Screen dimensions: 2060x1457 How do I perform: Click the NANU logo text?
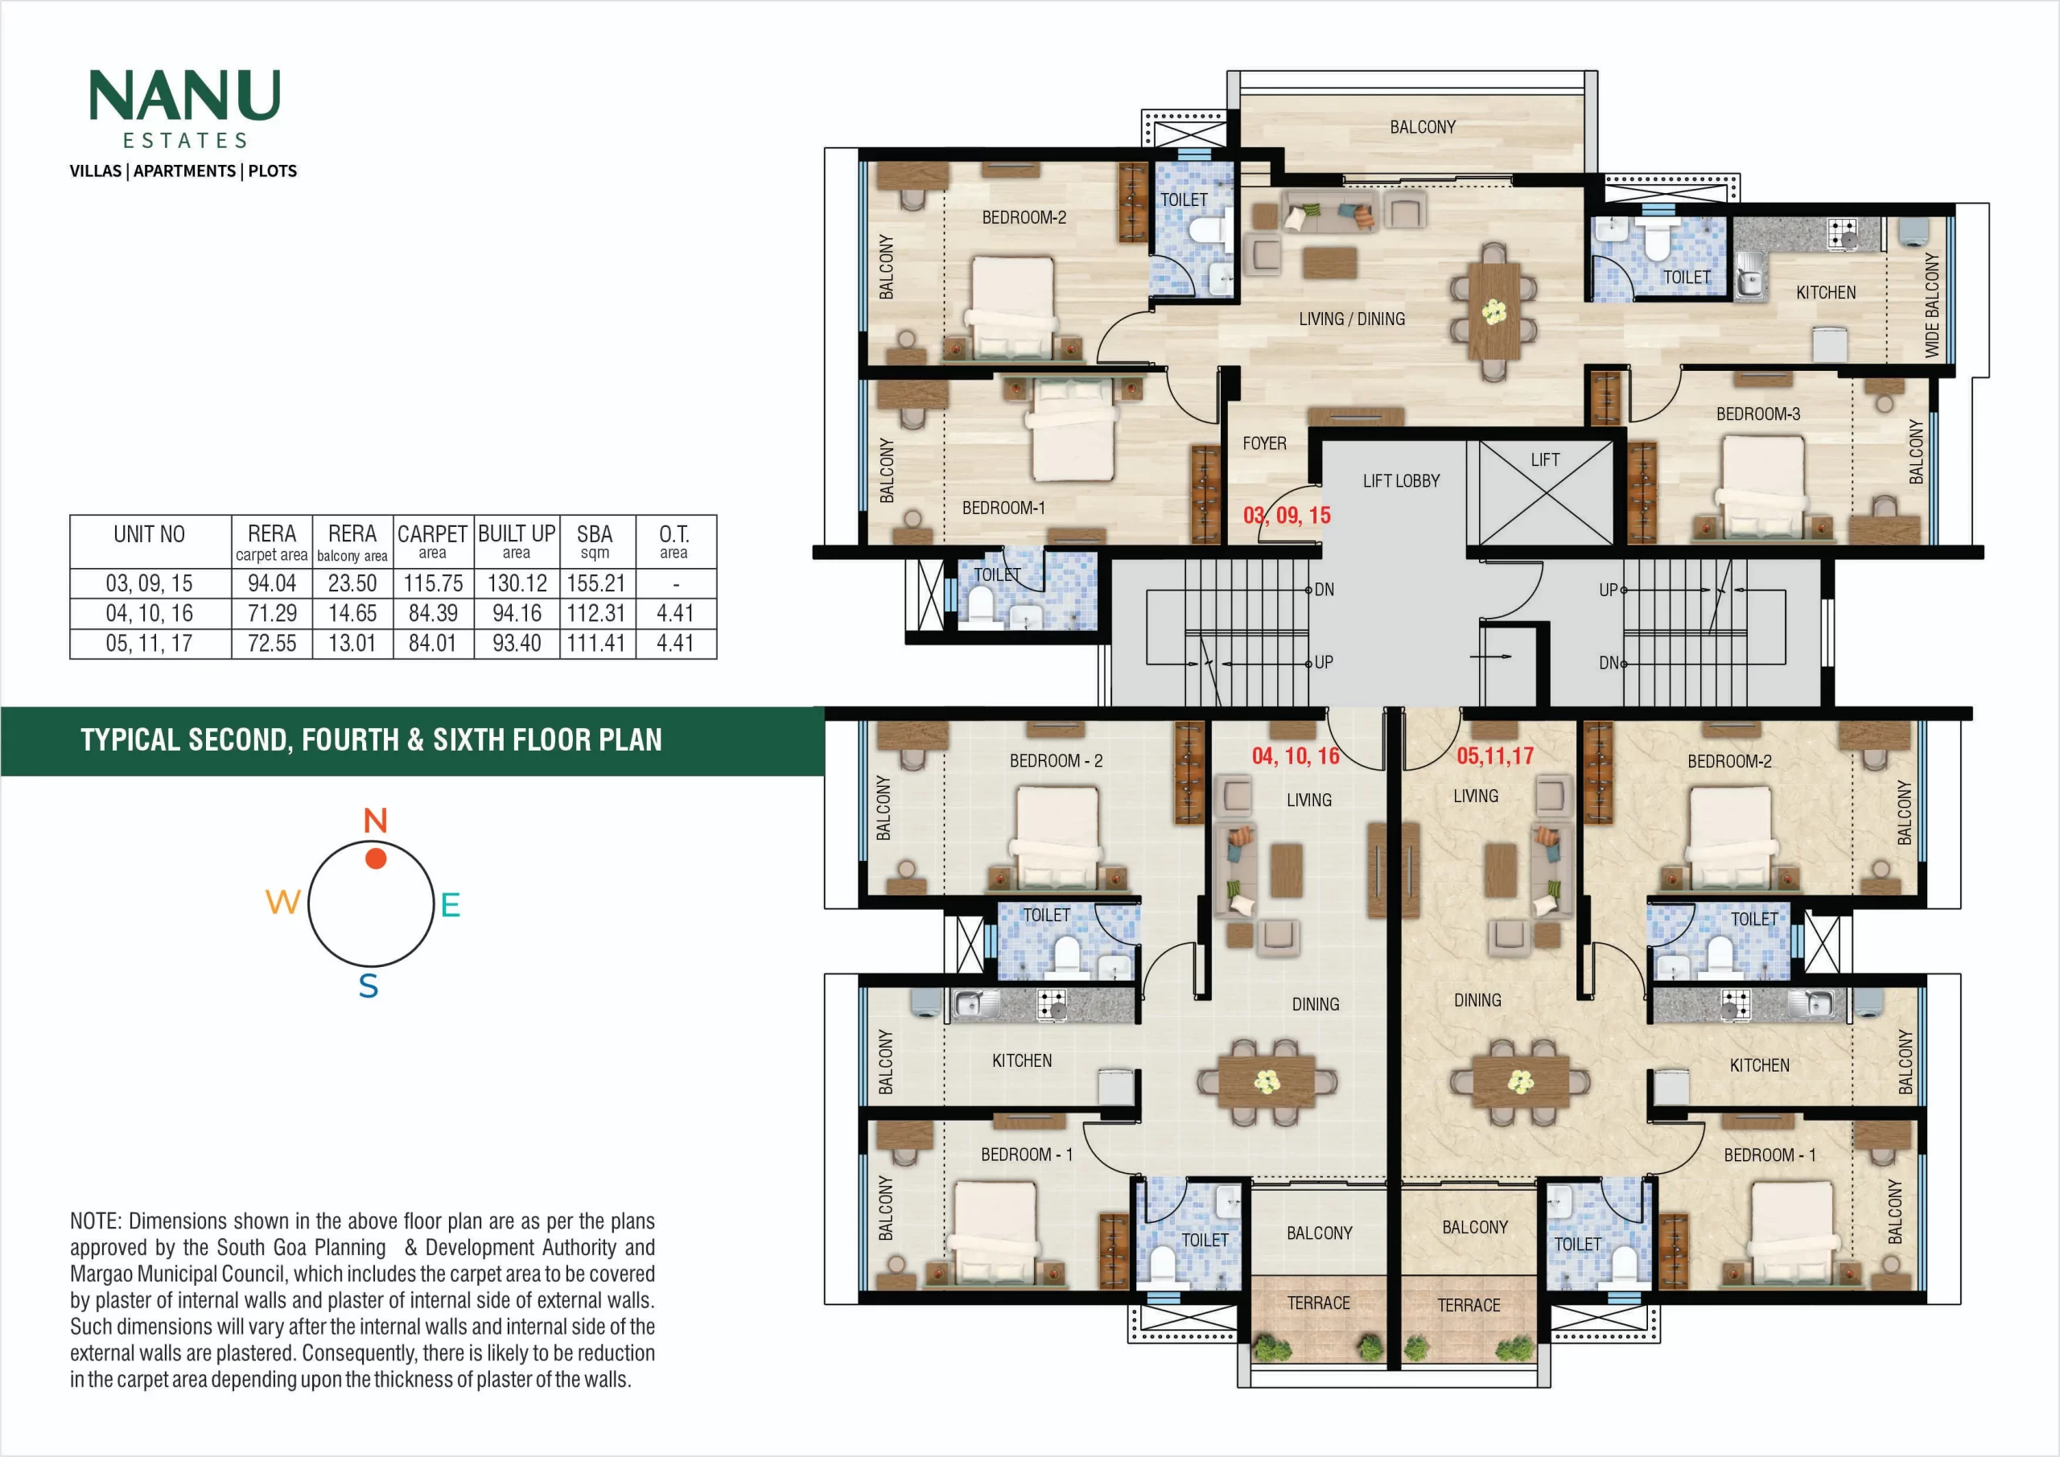185,95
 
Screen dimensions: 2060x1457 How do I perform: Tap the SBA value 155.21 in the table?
595,584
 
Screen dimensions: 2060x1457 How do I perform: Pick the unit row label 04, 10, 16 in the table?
149,614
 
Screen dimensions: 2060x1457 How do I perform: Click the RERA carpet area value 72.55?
272,644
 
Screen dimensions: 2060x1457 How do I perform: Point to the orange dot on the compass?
376,858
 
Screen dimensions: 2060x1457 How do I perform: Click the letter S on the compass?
368,986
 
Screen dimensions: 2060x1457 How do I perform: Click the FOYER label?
1264,443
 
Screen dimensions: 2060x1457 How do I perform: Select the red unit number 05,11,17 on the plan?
1495,755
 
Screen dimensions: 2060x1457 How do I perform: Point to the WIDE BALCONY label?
1932,305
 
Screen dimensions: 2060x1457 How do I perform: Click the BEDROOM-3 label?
1757,414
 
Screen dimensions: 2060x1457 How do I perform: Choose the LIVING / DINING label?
1351,319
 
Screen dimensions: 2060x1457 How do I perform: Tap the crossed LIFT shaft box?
1546,492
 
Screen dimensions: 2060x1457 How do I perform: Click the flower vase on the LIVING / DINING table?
1493,311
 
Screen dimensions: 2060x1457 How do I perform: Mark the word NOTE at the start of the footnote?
96,1221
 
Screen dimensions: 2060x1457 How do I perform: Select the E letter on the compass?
451,904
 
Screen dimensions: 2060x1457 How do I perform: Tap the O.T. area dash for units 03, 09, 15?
676,585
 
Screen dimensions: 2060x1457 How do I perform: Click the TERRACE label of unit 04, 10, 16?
1318,1303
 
